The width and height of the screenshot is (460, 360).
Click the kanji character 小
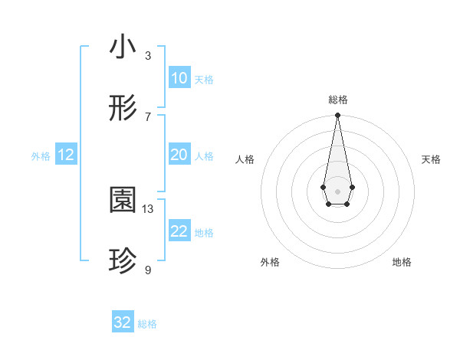123,47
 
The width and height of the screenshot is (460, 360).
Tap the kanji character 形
123,109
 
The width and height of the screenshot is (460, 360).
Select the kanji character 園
123,201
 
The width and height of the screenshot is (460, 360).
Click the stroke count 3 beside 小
148,55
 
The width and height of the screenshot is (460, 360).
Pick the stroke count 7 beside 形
148,116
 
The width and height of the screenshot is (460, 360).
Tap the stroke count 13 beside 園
148,208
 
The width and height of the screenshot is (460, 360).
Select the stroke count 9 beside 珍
148,270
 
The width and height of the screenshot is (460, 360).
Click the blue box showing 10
179,78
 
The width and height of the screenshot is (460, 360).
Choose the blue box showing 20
179,155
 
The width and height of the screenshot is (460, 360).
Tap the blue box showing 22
179,231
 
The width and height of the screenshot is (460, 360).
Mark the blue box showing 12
66,155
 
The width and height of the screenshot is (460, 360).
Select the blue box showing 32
123,322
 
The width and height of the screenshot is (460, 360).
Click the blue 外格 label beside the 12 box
41,156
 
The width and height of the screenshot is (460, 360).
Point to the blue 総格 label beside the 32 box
147,324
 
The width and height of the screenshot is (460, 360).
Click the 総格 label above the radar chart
337,100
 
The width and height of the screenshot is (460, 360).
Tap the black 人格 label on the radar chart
245,159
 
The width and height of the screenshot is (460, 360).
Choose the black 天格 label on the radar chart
431,159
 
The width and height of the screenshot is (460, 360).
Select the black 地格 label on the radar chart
402,262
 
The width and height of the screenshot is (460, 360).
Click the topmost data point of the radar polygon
337,115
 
